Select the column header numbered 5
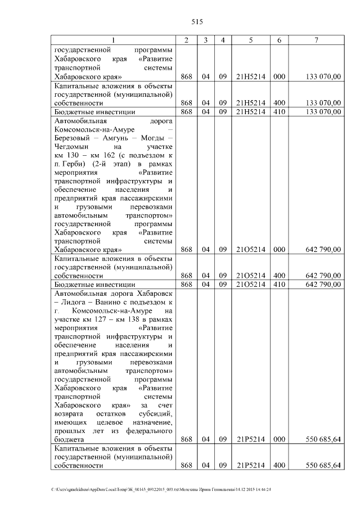coord(250,40)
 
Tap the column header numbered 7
coord(316,40)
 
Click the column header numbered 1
coord(113,40)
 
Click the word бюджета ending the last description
coord(69,439)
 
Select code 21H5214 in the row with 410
coord(250,112)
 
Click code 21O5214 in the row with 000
coord(250,249)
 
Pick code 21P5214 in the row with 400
coord(250,466)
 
